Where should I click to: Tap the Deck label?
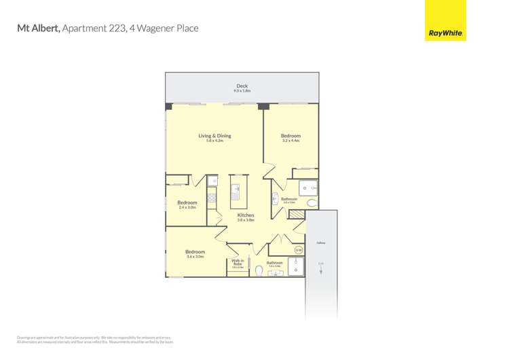click(x=242, y=86)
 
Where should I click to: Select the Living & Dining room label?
click(x=214, y=136)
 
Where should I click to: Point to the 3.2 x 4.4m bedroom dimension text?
click(x=290, y=141)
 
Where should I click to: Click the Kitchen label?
click(x=246, y=215)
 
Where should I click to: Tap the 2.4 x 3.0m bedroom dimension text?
click(x=187, y=207)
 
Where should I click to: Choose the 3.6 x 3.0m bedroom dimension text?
click(x=195, y=257)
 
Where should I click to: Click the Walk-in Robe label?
click(x=238, y=262)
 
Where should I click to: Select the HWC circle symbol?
click(x=298, y=250)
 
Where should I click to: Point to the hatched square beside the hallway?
click(x=297, y=215)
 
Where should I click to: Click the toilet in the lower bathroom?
click(x=259, y=270)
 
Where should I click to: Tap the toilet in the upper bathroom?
click(x=311, y=202)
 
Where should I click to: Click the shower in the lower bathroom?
click(x=296, y=268)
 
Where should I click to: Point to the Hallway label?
click(x=320, y=242)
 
